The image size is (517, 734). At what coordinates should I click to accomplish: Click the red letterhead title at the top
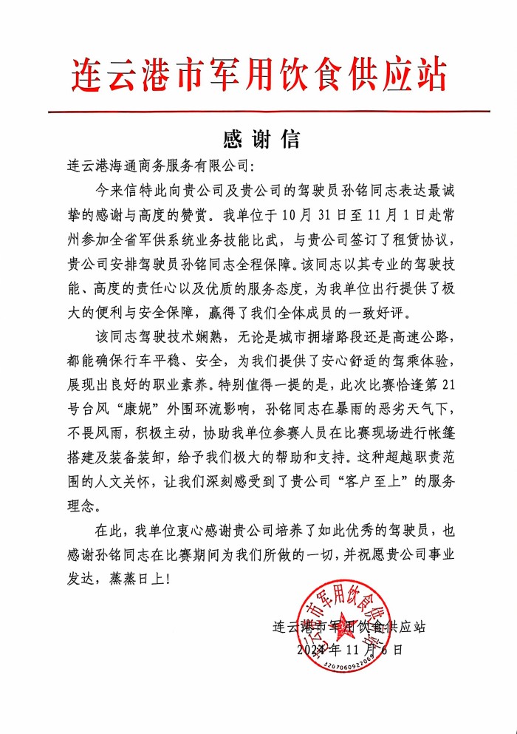pyautogui.click(x=259, y=75)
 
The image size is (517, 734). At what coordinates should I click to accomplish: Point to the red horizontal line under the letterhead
pyautogui.click(x=269, y=112)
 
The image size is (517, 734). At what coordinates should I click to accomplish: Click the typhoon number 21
pyautogui.click(x=462, y=386)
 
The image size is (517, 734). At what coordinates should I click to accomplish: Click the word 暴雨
pyautogui.click(x=335, y=410)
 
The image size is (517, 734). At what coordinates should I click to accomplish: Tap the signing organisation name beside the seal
pyautogui.click(x=349, y=626)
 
